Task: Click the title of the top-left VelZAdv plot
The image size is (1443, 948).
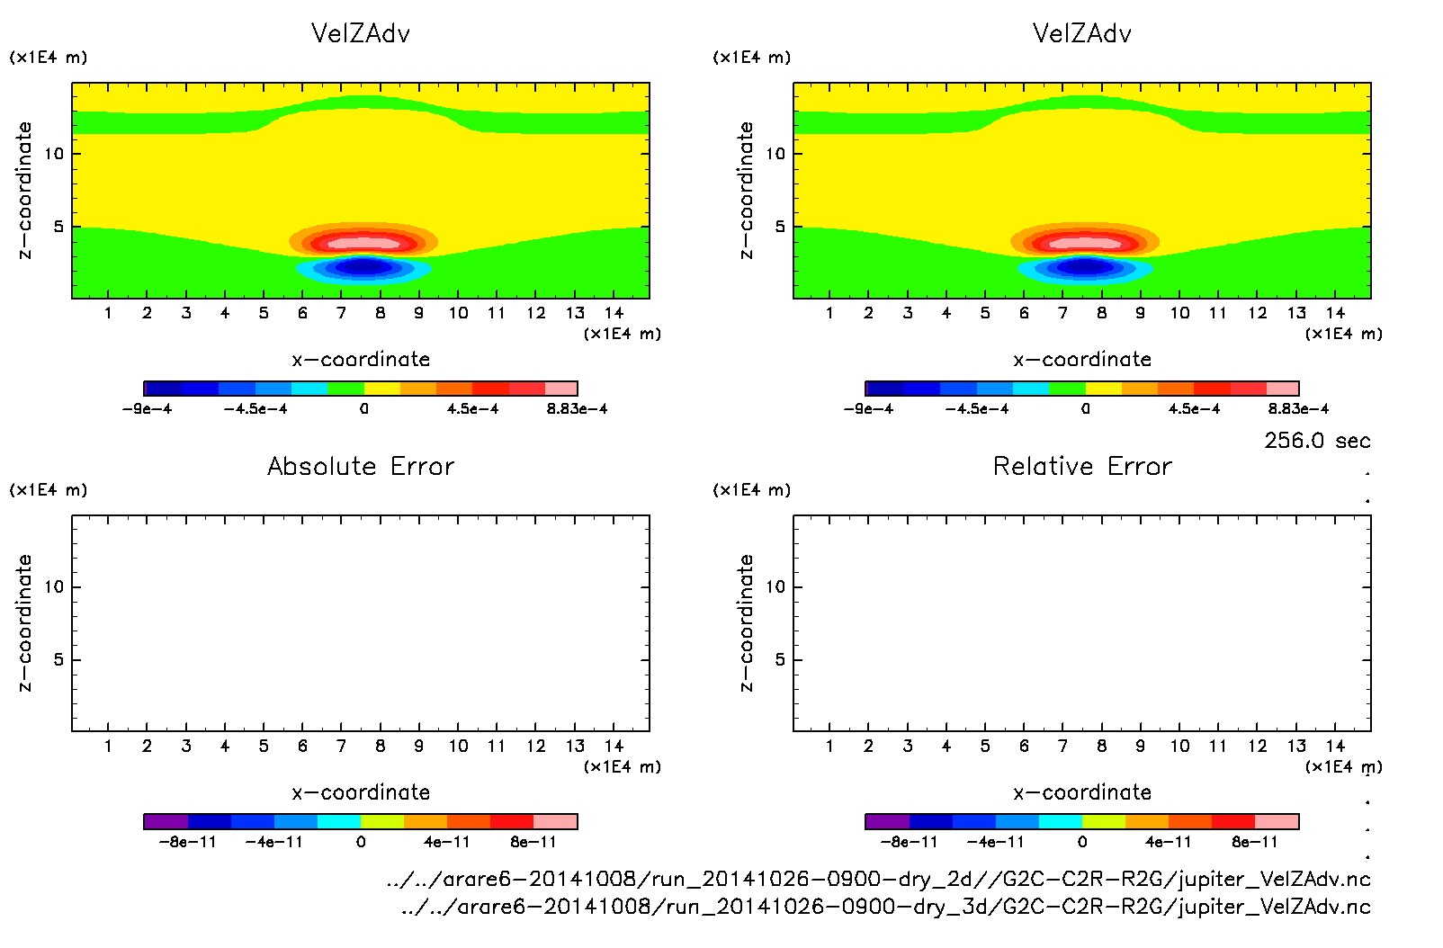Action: (x=361, y=34)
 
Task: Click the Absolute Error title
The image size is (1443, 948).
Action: (x=361, y=467)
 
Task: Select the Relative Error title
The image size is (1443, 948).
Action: (x=1082, y=467)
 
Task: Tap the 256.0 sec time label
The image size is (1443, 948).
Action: (x=1317, y=441)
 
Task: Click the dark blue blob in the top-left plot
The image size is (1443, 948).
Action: (x=363, y=266)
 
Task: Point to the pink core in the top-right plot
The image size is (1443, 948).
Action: (x=1085, y=243)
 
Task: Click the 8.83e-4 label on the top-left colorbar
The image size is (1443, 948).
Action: (x=577, y=409)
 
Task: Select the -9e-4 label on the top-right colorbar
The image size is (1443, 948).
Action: (x=868, y=409)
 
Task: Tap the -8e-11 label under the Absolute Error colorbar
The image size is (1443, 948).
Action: (x=188, y=843)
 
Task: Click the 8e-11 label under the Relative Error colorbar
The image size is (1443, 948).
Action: (x=1255, y=843)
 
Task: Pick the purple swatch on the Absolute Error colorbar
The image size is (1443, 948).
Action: (x=166, y=821)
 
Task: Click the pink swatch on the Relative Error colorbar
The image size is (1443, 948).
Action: (x=1277, y=821)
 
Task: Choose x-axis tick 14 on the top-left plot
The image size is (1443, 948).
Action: (x=614, y=313)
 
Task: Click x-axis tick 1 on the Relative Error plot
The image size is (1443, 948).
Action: (x=829, y=746)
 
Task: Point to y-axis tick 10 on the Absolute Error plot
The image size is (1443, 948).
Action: (x=55, y=587)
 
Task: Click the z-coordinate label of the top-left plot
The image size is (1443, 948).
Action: (x=25, y=191)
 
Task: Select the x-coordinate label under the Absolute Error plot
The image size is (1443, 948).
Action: (x=361, y=792)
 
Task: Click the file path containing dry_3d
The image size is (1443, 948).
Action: (x=885, y=907)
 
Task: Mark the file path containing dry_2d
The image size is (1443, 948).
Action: (x=878, y=880)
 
